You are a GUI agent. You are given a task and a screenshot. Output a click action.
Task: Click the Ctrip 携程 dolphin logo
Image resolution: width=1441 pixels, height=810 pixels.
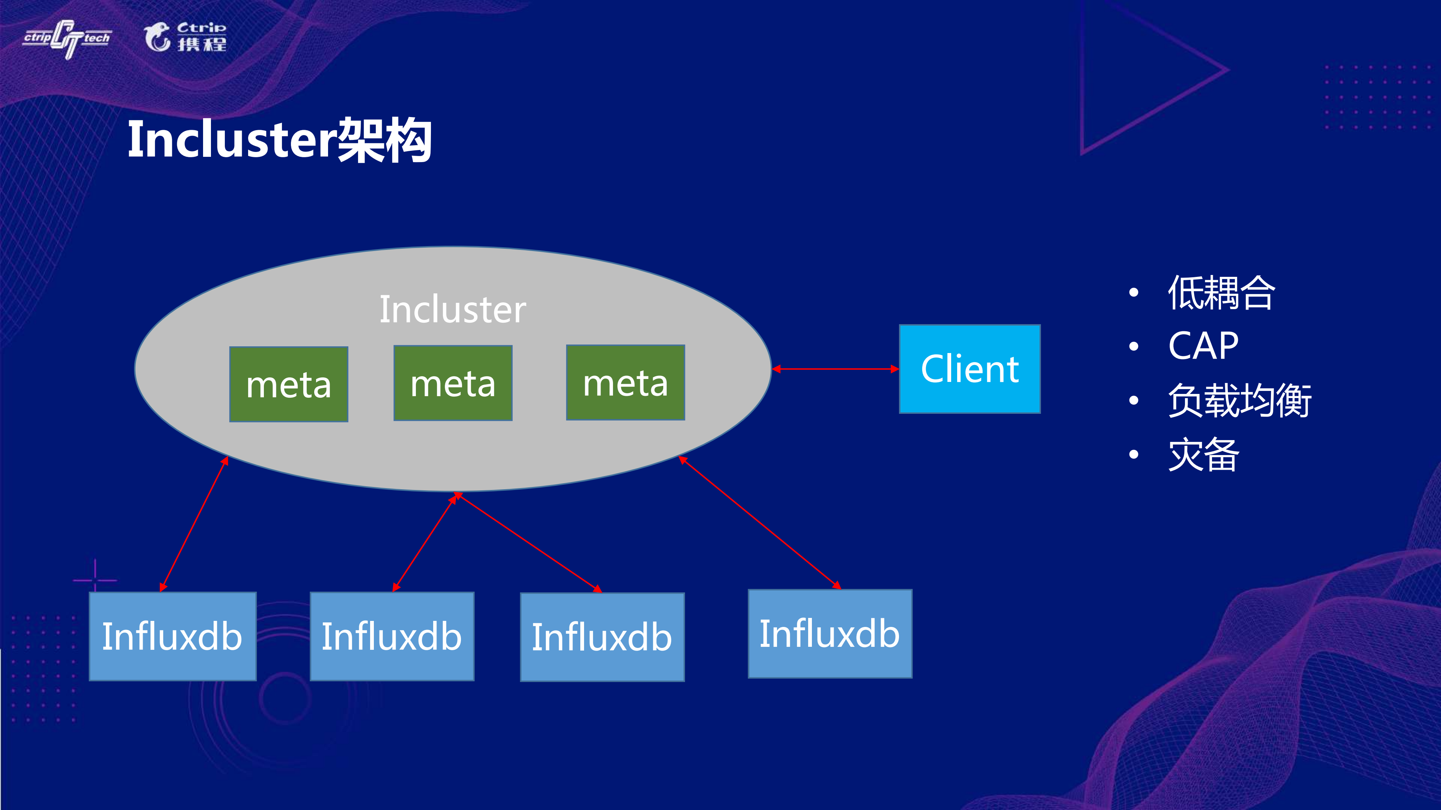pyautogui.click(x=185, y=37)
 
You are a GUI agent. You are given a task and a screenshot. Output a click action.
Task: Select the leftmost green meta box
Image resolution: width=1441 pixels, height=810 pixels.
pyautogui.click(x=289, y=384)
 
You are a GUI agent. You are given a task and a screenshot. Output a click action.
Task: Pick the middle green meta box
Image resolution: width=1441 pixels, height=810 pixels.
pyautogui.click(x=453, y=383)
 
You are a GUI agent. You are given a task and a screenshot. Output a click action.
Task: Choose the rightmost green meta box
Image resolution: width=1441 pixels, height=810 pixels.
pyautogui.click(x=625, y=382)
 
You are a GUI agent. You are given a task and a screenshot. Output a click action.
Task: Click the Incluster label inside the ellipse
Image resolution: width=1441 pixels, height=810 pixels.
pyautogui.click(x=453, y=309)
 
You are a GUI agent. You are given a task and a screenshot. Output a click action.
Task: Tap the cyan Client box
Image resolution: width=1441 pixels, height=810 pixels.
pyautogui.click(x=970, y=369)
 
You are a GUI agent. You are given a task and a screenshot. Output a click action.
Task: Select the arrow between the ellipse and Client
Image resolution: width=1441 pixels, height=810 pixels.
pyautogui.click(x=835, y=369)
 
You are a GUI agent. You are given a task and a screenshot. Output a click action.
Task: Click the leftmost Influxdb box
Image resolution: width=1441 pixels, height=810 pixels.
pyautogui.click(x=172, y=636)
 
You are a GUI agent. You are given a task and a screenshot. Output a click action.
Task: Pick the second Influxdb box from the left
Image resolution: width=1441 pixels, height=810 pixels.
pyautogui.click(x=391, y=636)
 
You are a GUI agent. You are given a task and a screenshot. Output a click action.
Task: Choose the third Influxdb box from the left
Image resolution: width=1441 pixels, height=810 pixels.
pyautogui.click(x=602, y=637)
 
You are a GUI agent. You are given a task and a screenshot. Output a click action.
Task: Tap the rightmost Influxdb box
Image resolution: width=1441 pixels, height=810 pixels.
pyautogui.click(x=830, y=634)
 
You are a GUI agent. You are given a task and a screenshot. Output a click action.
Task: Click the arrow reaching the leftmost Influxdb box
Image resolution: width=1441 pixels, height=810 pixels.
pyautogui.click(x=194, y=524)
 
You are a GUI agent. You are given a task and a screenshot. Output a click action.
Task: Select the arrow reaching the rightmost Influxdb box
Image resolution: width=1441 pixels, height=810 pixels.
pyautogui.click(x=760, y=523)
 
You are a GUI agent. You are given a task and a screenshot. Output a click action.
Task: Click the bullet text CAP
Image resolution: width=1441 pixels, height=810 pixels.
pyautogui.click(x=1203, y=346)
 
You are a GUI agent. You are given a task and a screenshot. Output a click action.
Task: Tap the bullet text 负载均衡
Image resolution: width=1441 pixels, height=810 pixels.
pyautogui.click(x=1239, y=400)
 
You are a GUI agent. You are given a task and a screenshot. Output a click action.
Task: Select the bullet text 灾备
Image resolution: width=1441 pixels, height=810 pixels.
pyautogui.click(x=1203, y=454)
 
